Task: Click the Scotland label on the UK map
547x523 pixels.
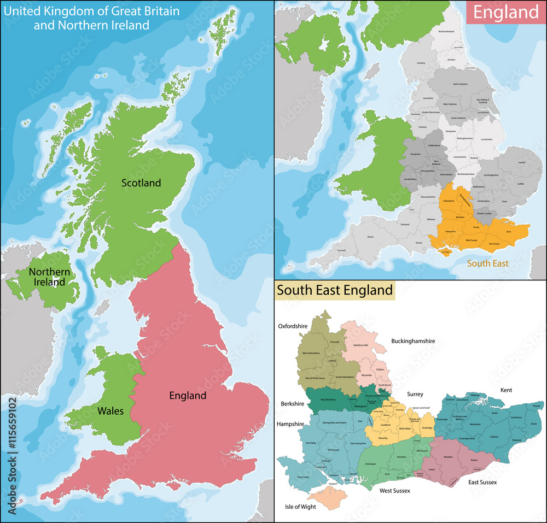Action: click(141, 183)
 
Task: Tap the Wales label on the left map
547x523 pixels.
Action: click(110, 410)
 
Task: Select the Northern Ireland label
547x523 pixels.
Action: click(49, 277)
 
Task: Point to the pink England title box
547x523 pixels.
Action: click(505, 13)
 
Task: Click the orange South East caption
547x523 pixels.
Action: click(487, 263)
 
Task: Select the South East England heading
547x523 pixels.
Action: click(335, 290)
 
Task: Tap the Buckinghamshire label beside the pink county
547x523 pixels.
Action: click(413, 341)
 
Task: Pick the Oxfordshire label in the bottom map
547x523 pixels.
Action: click(293, 326)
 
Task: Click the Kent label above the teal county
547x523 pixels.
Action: click(506, 390)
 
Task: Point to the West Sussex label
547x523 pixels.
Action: click(395, 491)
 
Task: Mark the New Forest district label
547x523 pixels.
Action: click(302, 477)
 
